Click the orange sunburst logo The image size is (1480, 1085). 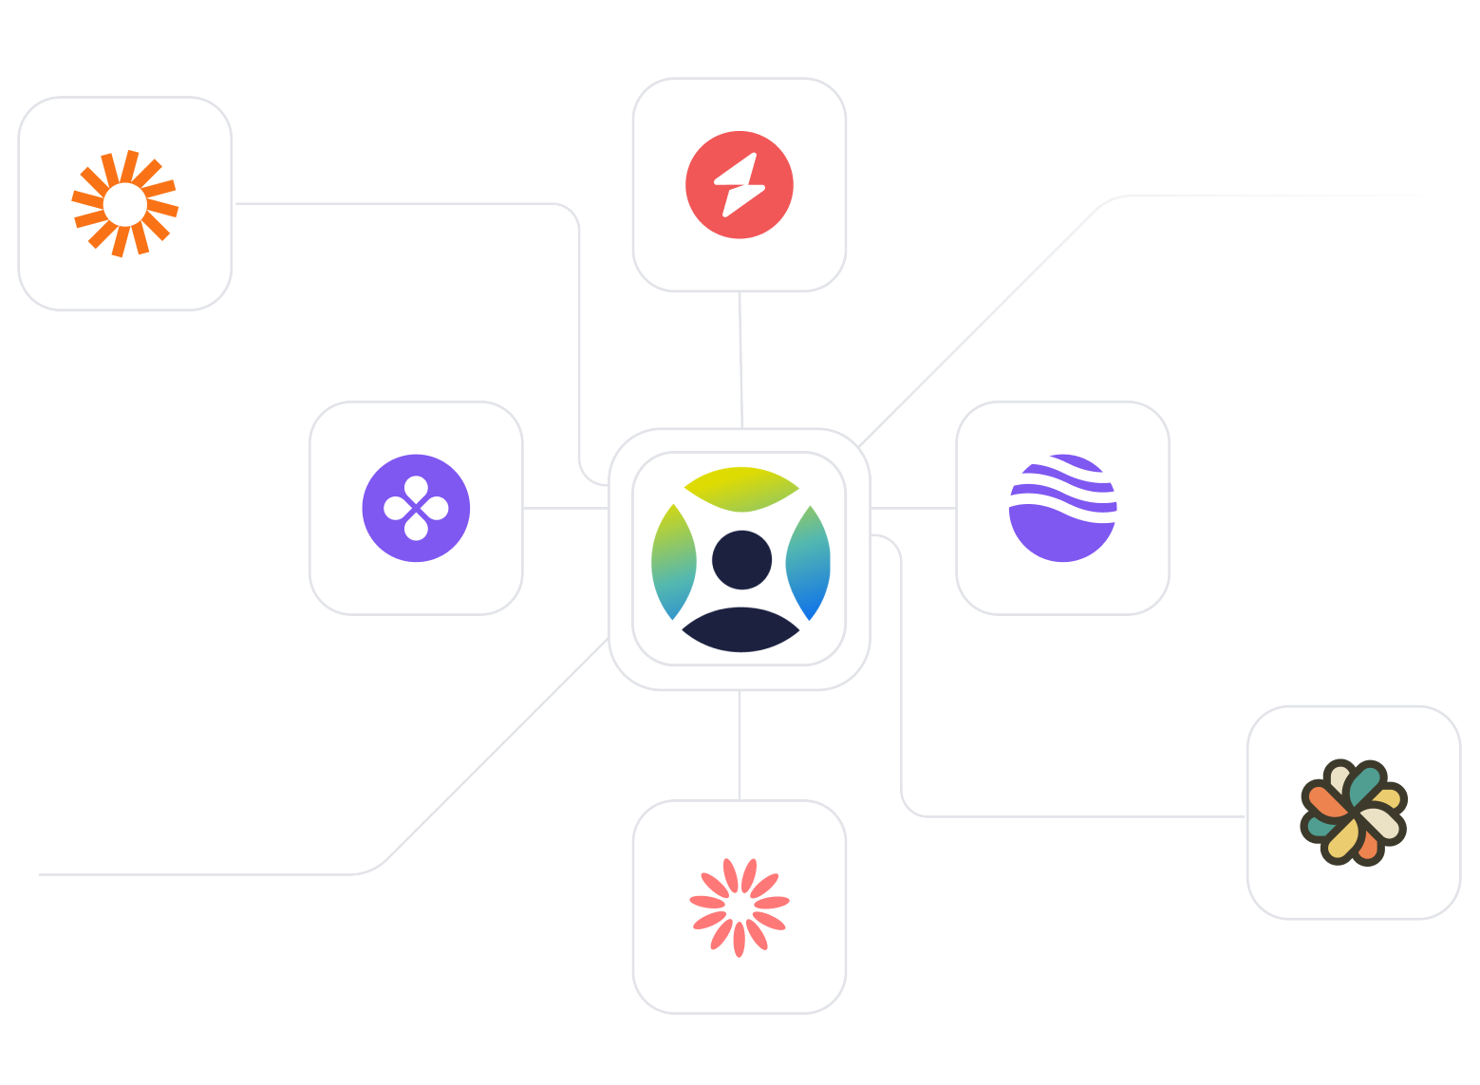(x=125, y=203)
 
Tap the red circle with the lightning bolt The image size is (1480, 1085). (x=740, y=184)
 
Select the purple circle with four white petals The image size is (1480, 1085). (x=416, y=508)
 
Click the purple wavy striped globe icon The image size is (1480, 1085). (x=1062, y=508)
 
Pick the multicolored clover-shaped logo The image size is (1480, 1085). (x=1353, y=813)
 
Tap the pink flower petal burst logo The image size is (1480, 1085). (x=740, y=907)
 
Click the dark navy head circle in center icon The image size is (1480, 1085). (x=741, y=560)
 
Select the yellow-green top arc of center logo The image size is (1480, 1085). (x=741, y=487)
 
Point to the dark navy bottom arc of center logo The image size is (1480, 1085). (x=740, y=630)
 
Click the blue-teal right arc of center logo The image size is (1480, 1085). (x=809, y=564)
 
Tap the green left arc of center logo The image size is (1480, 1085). (x=673, y=562)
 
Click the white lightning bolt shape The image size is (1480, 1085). (x=740, y=184)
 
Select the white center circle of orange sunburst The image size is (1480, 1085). (x=125, y=204)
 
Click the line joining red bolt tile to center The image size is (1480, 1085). (x=740, y=361)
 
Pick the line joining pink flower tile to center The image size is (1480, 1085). (x=740, y=745)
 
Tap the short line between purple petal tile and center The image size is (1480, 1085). (x=566, y=509)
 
